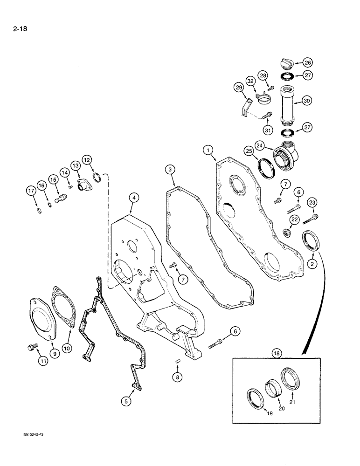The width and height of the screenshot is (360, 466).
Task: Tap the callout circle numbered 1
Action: [x=208, y=150]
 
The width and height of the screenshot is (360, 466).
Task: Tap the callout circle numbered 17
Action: [x=31, y=191]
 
